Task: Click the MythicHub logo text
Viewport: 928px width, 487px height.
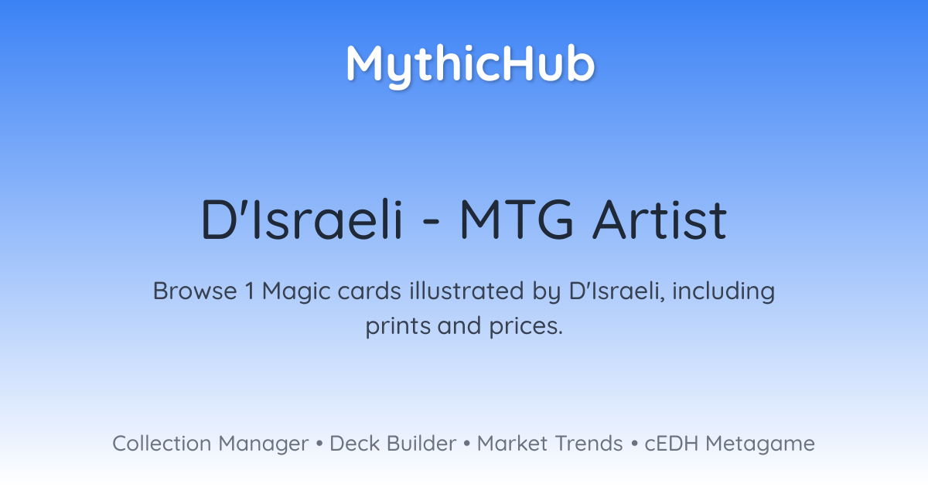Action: pos(470,66)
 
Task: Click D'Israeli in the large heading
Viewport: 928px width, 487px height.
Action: pos(302,220)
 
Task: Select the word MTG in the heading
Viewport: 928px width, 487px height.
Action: pos(517,220)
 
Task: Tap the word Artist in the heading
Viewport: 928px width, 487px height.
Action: pos(660,220)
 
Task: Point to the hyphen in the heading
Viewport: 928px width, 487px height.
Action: pos(432,222)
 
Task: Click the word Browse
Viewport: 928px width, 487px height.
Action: pos(195,291)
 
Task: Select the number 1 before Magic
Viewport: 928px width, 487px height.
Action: pos(249,291)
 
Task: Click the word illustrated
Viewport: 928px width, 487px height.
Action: pos(466,291)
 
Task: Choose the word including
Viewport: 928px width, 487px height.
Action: pos(723,292)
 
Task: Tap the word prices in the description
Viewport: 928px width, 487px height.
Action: pos(526,326)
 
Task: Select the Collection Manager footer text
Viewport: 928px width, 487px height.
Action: pos(210,444)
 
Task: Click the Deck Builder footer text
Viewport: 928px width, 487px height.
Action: pos(393,443)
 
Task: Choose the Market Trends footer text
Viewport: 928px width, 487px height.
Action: pos(550,443)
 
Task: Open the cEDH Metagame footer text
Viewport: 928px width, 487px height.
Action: pos(729,444)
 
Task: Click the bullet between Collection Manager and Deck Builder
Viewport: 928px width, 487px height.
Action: pos(319,444)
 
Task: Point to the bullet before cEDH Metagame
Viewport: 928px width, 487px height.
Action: pos(634,444)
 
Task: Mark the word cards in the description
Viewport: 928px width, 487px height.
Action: pos(370,291)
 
